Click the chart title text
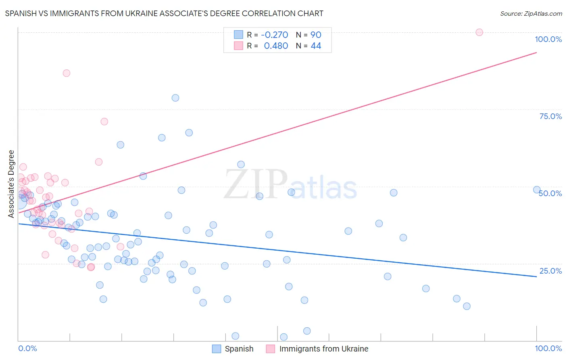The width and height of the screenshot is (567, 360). point(164,13)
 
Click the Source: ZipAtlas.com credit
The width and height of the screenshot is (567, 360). point(531,13)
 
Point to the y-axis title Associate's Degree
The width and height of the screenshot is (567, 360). point(11,184)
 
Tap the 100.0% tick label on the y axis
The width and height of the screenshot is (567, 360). point(548,39)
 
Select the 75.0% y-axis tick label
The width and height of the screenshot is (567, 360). point(550,116)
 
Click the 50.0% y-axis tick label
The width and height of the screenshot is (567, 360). point(550,193)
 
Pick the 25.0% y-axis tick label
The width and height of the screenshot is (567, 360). point(550,271)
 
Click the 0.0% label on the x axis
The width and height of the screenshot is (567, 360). point(27,348)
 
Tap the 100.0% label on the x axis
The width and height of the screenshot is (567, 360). point(548,348)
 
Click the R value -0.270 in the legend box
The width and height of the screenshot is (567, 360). point(274,35)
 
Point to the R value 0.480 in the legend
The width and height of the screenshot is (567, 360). point(276,46)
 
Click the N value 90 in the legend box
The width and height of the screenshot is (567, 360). point(316,35)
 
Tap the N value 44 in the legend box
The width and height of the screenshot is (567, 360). point(316,46)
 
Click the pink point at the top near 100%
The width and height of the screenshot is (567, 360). point(479,32)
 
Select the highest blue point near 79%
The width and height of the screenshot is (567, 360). point(175,98)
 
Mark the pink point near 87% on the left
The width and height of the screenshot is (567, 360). point(67,73)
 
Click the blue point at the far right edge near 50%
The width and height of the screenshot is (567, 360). point(537,190)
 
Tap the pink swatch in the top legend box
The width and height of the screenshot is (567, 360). point(238,46)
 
